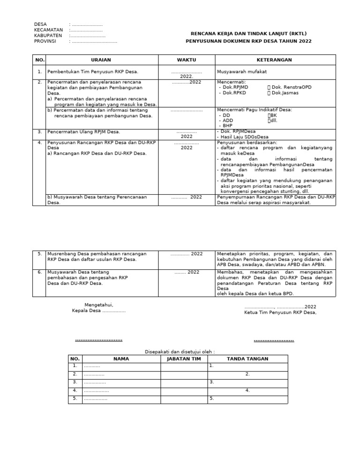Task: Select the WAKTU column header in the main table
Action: (186, 60)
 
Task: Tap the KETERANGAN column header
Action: (274, 60)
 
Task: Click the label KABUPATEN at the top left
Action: (48, 36)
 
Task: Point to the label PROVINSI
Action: (45, 41)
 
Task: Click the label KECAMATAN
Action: (48, 30)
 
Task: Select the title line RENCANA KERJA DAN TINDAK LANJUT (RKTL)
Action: (248, 34)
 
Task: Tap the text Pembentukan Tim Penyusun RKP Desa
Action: (93, 72)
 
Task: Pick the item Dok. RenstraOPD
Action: (291, 87)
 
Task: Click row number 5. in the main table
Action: (39, 254)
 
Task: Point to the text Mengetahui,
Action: (98, 305)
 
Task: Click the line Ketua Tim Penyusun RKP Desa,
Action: (280, 313)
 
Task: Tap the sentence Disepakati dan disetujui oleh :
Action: (179, 351)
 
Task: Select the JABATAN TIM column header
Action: (183, 359)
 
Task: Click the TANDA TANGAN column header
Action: (247, 359)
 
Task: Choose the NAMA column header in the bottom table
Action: (121, 359)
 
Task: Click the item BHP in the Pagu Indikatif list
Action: (227, 126)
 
